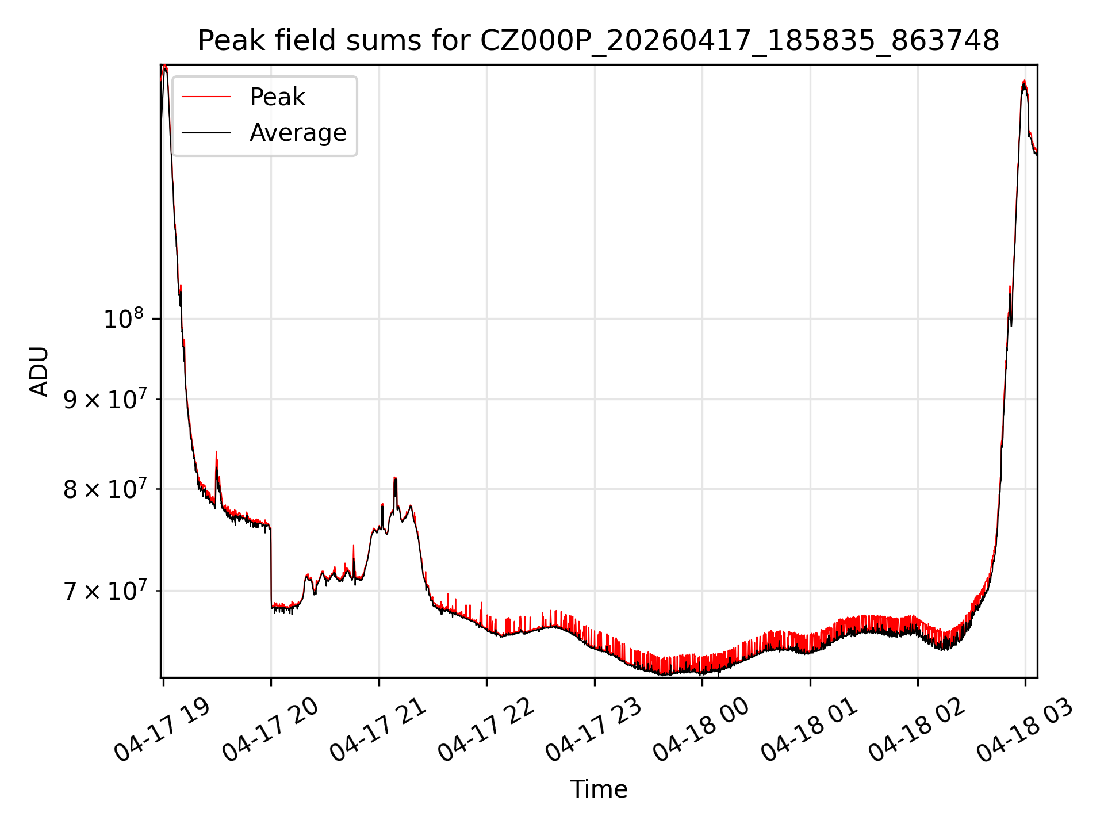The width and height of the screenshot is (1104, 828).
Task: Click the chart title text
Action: [x=599, y=41]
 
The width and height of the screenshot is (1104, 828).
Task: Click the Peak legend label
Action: [x=277, y=97]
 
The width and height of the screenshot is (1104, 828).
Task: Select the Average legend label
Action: [x=298, y=133]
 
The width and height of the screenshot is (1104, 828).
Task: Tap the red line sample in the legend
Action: [x=206, y=97]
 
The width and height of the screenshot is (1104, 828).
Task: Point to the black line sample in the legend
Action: [x=206, y=133]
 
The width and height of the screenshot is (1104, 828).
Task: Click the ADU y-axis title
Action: [x=39, y=371]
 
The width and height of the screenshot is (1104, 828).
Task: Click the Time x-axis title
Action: [x=599, y=789]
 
